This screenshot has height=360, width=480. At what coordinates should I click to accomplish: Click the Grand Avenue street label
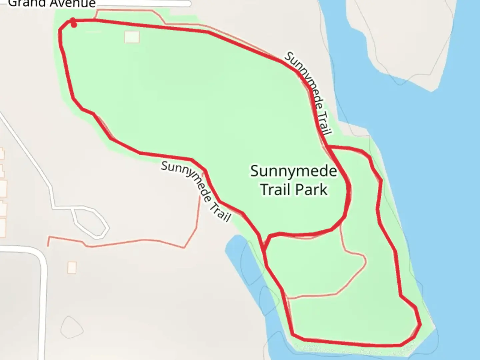pos(52,4)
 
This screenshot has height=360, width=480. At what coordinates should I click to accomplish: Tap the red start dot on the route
pos(74,24)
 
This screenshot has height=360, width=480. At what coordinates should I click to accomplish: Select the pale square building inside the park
pos(132,37)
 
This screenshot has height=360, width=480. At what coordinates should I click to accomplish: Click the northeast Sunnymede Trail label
pos(309,93)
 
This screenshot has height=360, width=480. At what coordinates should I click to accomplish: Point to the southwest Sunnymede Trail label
pos(196,191)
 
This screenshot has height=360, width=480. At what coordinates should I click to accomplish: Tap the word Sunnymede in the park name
pos(293,171)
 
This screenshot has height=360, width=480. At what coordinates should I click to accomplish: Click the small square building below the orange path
pos(72,267)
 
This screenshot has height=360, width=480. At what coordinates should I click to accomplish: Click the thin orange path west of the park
pos(133,242)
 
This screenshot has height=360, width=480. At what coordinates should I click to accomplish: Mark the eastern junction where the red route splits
pos(328,147)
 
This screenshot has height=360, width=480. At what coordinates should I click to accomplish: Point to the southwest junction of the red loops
pos(265,247)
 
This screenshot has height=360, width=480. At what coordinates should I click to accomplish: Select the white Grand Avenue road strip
pos(143,4)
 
